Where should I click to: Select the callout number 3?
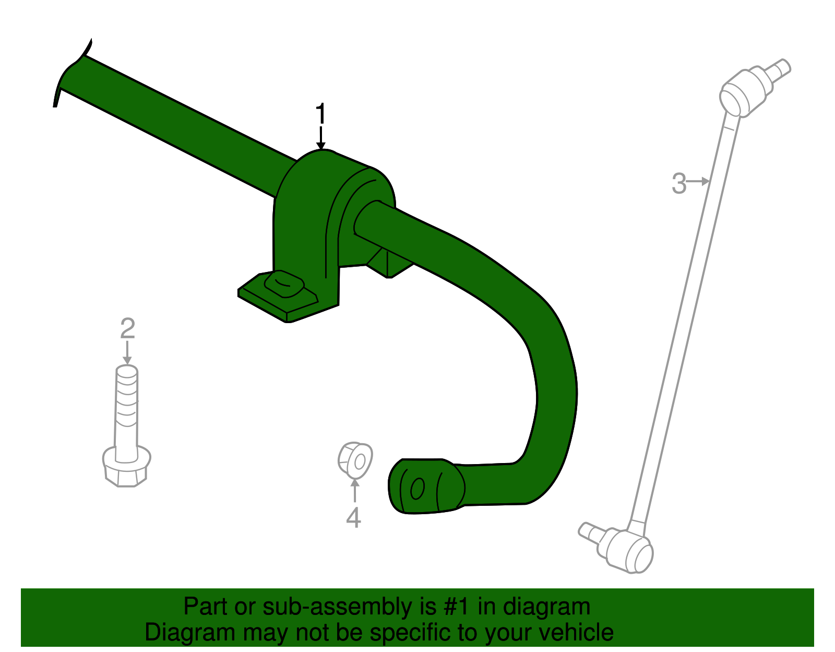coord(678,183)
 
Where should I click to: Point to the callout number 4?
coord(353,517)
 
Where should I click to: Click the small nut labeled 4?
coord(355,460)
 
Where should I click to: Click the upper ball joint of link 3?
coord(744,91)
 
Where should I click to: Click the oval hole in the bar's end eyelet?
coord(417,489)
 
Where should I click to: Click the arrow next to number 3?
coord(699,181)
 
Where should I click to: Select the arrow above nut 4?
coord(354,491)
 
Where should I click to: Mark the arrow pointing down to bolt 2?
coord(127,352)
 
